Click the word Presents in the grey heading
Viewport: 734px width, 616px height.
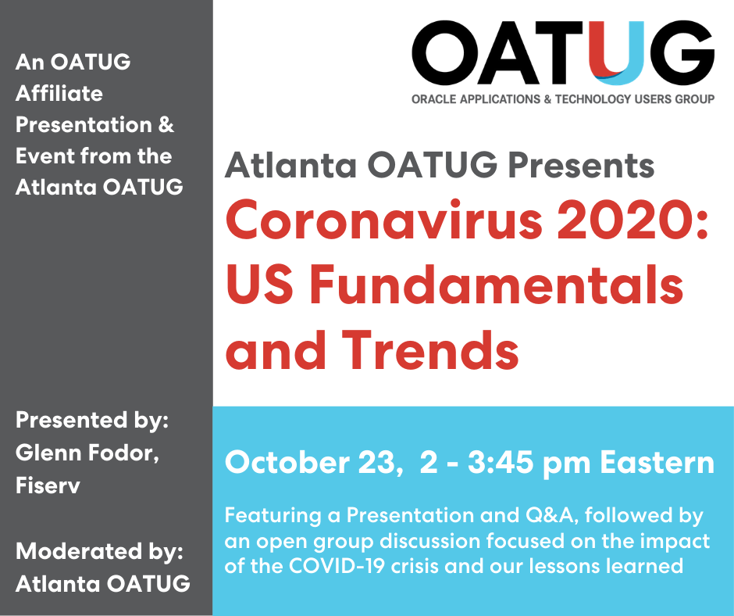point(581,166)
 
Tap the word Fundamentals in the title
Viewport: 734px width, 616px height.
point(496,285)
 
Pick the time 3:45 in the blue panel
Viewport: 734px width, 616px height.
point(501,463)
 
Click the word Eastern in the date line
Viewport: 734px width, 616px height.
point(657,463)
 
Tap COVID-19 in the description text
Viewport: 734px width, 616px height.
point(337,566)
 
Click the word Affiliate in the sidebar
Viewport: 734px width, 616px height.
point(59,93)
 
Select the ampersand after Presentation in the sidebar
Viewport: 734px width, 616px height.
point(166,125)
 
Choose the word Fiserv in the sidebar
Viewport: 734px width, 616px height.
point(48,485)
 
